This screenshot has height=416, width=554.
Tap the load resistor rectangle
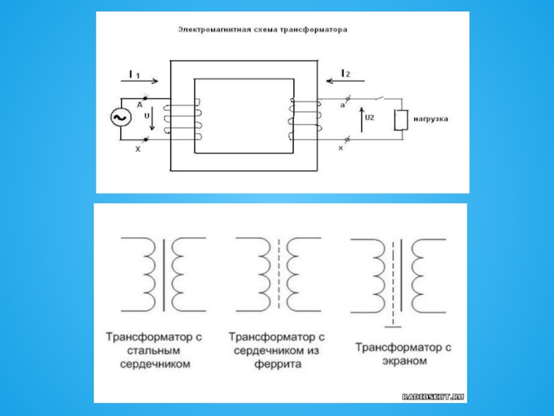coord(400,120)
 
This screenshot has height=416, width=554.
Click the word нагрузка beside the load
coord(431,119)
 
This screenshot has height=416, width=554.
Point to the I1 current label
coord(134,74)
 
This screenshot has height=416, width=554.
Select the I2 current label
coord(346,73)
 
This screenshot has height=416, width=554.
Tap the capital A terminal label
coord(139,104)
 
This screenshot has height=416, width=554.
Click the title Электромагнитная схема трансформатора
coord(262,31)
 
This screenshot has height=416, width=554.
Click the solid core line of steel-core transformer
coord(163,275)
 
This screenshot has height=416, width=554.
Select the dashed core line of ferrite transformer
coord(278,275)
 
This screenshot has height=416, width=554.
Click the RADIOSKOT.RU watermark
coord(433,396)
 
